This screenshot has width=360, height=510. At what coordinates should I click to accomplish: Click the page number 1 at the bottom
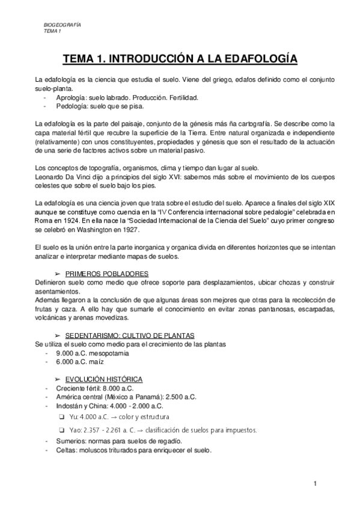pyautogui.click(x=314, y=484)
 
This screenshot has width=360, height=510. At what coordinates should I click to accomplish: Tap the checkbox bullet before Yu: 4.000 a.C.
pyautogui.click(x=63, y=416)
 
